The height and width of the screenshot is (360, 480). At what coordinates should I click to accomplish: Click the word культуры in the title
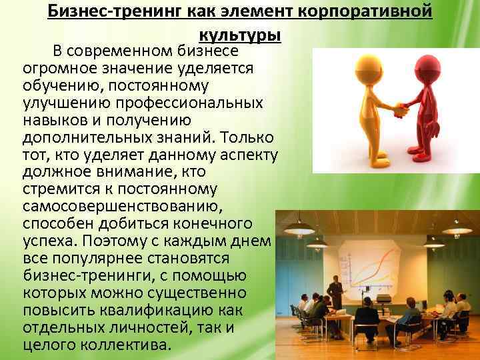[239, 35]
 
